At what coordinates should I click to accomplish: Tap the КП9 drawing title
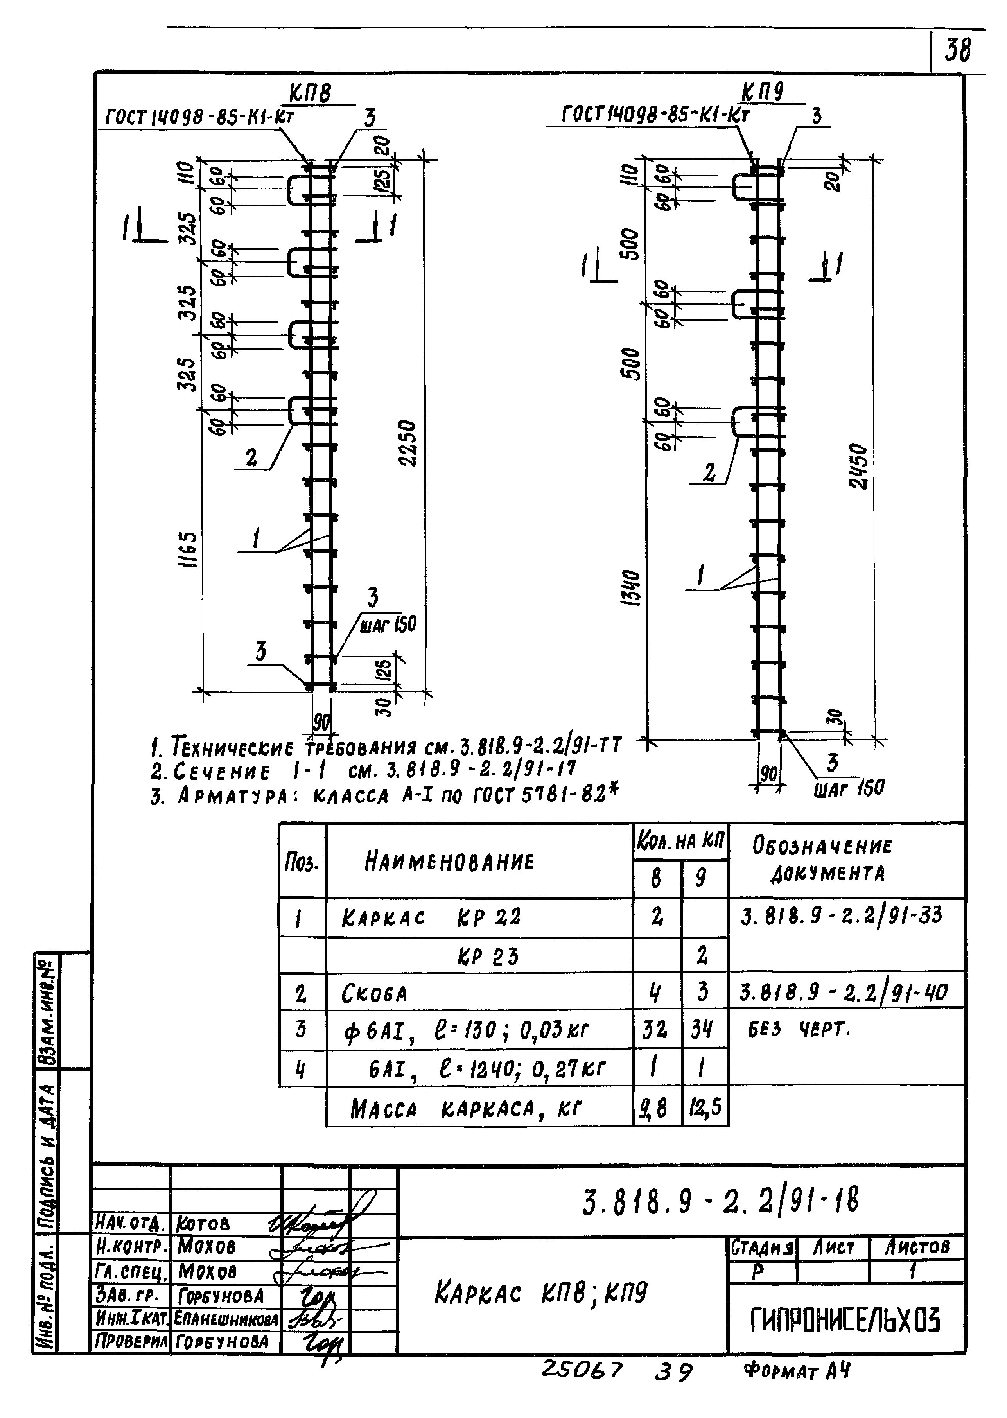[x=763, y=93]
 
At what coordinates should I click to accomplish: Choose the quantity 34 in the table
[x=703, y=1030]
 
